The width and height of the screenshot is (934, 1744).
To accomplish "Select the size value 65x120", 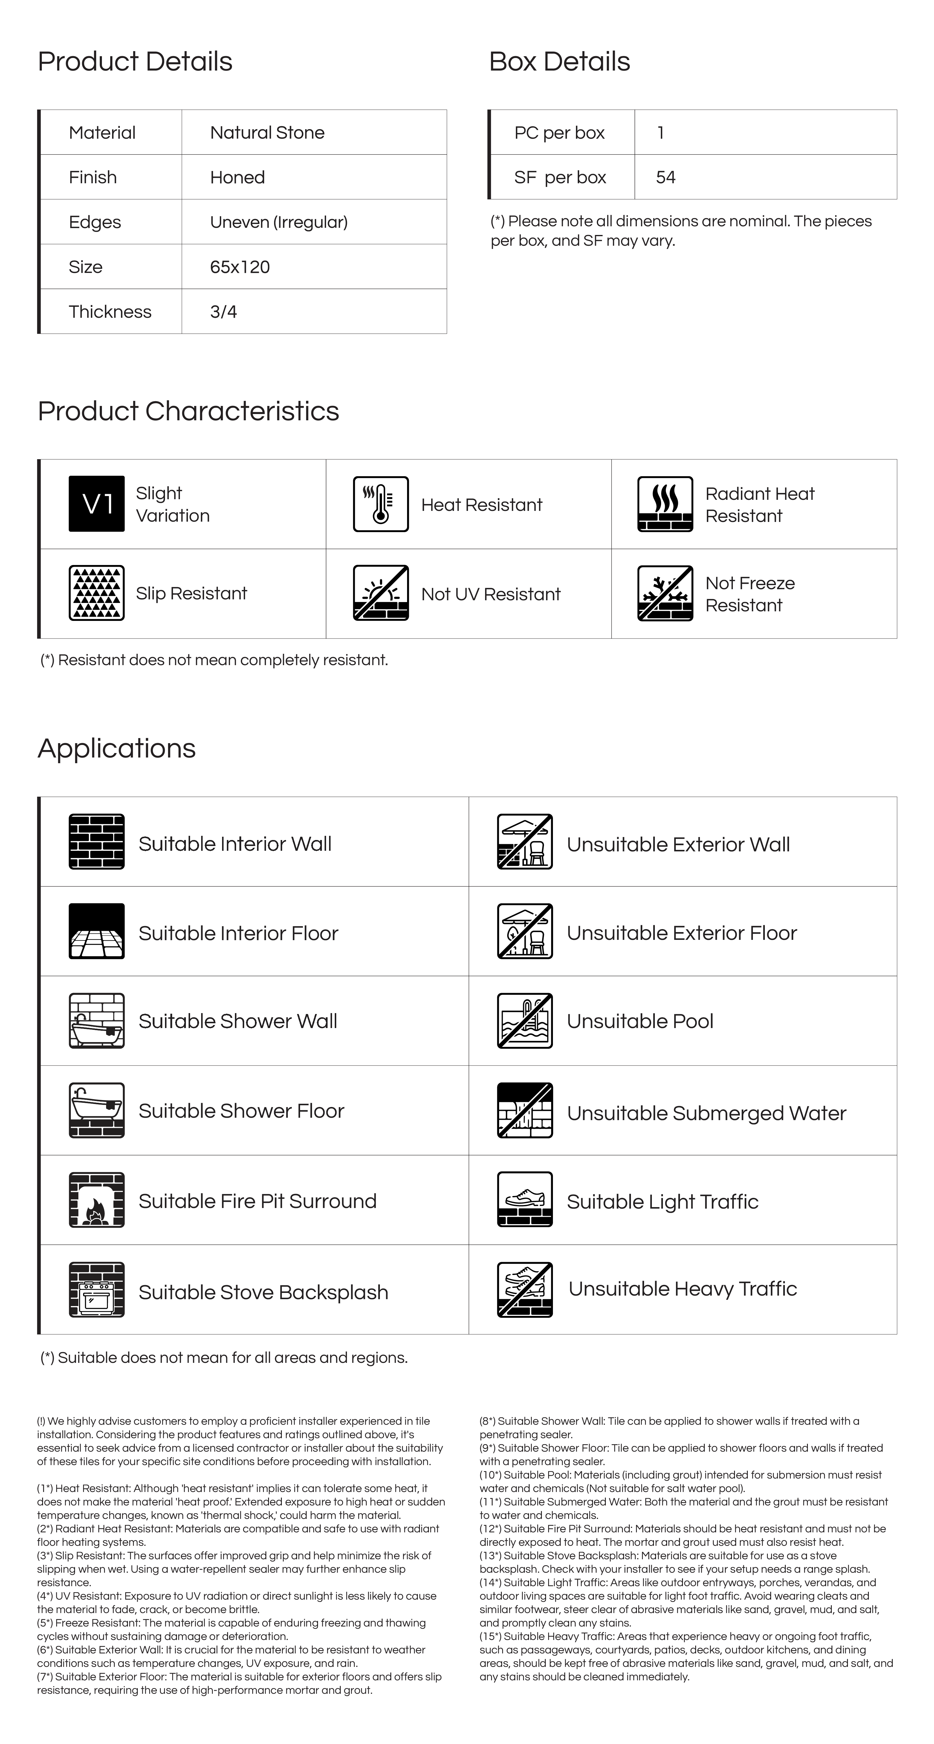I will [240, 267].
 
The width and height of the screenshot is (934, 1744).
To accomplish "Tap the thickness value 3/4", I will [223, 312].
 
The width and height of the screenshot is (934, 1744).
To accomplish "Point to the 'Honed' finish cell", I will [237, 177].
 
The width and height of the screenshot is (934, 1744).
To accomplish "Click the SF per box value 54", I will [665, 177].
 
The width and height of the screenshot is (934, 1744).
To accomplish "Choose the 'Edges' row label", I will [95, 222].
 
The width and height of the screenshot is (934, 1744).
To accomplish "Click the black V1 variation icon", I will [97, 504].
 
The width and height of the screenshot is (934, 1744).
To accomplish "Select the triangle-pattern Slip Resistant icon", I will [97, 593].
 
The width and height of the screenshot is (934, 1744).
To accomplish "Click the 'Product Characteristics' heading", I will [188, 411].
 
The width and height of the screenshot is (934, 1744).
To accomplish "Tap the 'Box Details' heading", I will [559, 62].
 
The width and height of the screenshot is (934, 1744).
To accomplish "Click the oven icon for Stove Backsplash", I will [97, 1290].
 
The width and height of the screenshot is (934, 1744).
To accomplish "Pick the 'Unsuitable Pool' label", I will [640, 1021].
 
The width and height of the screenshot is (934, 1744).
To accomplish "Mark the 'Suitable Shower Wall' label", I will [238, 1021].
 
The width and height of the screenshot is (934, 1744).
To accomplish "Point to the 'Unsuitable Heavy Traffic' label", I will [682, 1288].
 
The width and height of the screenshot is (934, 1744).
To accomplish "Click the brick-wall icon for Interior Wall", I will [97, 842].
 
